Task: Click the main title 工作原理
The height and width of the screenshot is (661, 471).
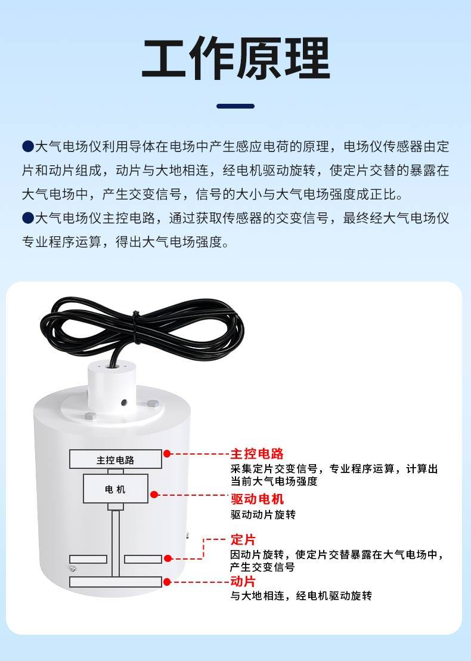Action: [x=235, y=58]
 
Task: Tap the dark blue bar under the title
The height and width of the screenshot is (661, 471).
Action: [x=235, y=106]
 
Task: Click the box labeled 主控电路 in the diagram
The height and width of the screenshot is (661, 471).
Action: [x=116, y=459]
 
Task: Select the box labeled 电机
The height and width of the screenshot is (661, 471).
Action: [x=116, y=489]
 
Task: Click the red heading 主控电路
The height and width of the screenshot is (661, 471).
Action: [x=257, y=453]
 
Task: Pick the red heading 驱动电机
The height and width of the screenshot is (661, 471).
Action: [x=257, y=499]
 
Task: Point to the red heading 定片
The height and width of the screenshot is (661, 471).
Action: [x=243, y=539]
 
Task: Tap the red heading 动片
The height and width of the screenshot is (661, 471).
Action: [x=243, y=581]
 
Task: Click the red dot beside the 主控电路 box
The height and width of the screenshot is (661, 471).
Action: [x=167, y=453]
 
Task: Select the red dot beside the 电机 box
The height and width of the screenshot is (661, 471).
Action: [x=154, y=495]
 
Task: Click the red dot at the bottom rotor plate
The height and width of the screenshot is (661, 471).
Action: [x=167, y=582]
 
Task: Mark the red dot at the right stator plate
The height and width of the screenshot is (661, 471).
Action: [x=168, y=558]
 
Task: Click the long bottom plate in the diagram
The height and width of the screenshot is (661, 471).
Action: [x=116, y=582]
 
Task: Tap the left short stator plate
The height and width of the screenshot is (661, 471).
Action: [x=88, y=559]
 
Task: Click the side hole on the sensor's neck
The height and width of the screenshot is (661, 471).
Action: [x=124, y=403]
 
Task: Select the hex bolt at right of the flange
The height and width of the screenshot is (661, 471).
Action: [x=153, y=403]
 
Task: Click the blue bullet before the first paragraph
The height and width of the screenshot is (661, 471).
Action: [x=28, y=146]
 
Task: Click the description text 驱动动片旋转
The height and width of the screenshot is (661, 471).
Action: [x=264, y=514]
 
